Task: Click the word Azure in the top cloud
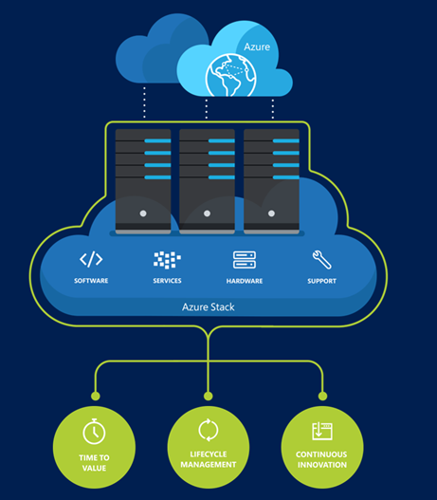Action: [x=257, y=46]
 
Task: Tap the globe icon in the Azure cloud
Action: [x=231, y=75]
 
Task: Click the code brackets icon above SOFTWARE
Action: [x=91, y=259]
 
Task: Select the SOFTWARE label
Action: [x=91, y=281]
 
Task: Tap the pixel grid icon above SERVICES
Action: [x=167, y=260]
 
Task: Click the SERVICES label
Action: [x=167, y=281]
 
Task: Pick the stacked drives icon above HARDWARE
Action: [x=245, y=260]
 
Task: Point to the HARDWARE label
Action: [x=245, y=281]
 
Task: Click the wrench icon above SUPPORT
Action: [x=321, y=260]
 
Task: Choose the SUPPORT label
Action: [x=321, y=281]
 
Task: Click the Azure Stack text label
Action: [x=209, y=307]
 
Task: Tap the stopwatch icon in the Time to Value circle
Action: [x=94, y=432]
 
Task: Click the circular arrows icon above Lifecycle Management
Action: [x=209, y=430]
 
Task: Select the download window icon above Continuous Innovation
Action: [x=322, y=431]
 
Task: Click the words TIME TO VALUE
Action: [x=94, y=463]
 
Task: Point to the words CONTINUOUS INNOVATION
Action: [x=321, y=459]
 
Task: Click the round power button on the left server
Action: [x=143, y=213]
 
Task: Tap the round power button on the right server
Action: [x=271, y=213]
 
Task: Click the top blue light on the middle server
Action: [x=222, y=140]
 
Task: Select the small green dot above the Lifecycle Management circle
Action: [x=208, y=396]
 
